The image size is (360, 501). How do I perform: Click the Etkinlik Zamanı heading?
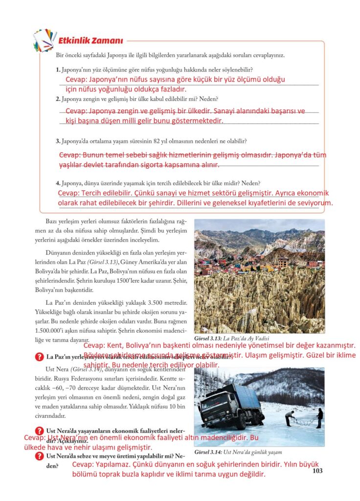pos(90,41)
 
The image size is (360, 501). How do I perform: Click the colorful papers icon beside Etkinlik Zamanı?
pos(45,41)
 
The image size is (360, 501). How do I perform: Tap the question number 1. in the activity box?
pos(58,70)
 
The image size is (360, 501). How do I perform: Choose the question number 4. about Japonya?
pos(58,183)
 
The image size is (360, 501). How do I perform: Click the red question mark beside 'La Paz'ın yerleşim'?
pos(39,357)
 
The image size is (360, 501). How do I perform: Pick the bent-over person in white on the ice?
pos(290,417)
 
